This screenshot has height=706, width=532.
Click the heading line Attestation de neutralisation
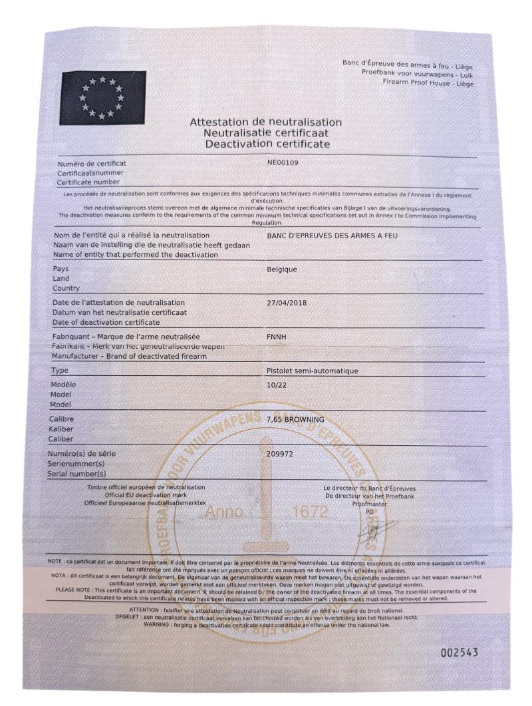[265, 122]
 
